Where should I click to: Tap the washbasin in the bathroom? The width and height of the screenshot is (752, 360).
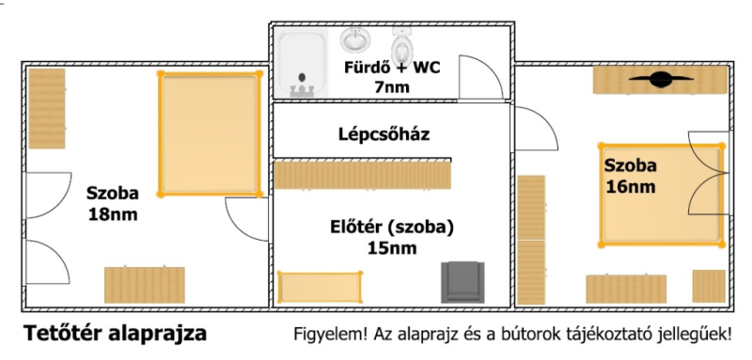point(355,39)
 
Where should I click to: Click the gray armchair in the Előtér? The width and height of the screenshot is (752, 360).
point(462,282)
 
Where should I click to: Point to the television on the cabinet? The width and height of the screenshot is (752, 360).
point(661,79)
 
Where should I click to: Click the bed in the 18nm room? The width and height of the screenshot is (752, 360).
point(210,133)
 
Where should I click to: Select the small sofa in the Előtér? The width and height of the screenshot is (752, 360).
point(320,287)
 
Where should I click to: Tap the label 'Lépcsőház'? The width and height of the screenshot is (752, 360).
point(384,134)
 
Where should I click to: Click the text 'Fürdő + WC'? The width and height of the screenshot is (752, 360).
point(392,68)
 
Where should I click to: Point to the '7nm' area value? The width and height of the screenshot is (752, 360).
point(392,87)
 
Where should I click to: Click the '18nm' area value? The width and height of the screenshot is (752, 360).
point(113,214)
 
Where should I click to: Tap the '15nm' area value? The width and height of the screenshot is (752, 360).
point(392,248)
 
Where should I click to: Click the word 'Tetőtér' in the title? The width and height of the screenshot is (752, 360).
point(64,333)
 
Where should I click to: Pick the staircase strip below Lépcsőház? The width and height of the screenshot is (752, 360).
point(363,176)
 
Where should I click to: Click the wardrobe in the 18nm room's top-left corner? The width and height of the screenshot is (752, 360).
point(46,108)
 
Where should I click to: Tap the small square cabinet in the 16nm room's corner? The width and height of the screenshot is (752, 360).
point(709,286)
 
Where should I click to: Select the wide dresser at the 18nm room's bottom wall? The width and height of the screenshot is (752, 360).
point(145,285)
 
